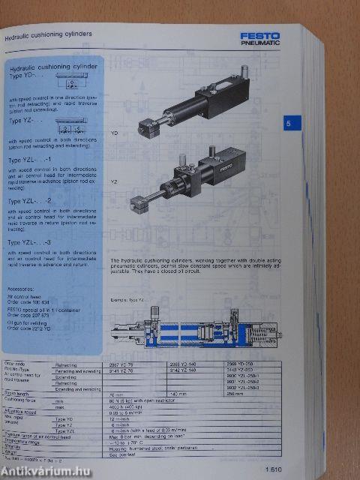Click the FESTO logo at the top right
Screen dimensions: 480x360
click(x=259, y=35)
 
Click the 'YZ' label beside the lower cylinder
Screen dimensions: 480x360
click(x=114, y=181)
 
